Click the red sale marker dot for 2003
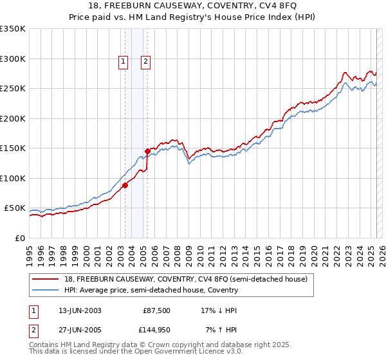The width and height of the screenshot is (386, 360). click(x=125, y=186)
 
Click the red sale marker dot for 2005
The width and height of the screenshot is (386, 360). click(x=147, y=151)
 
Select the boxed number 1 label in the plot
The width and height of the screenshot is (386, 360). click(x=123, y=62)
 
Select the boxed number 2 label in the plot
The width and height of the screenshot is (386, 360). click(x=146, y=62)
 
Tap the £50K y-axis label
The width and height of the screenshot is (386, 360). click(x=15, y=208)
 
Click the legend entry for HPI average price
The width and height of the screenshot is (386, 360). click(x=151, y=290)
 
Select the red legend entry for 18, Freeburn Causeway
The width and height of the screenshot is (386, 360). click(x=187, y=279)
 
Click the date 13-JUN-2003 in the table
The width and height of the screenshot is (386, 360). click(x=80, y=310)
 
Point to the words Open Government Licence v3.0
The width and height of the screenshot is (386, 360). click(x=189, y=352)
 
